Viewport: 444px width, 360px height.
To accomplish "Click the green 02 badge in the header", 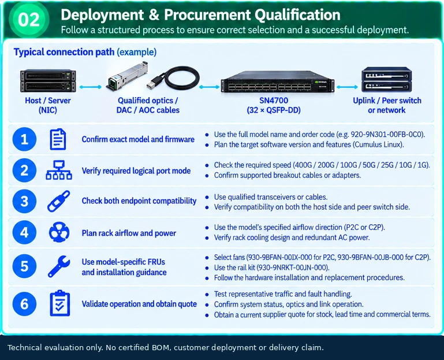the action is pos(29,20).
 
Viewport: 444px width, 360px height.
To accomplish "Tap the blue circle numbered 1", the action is pos(24,139).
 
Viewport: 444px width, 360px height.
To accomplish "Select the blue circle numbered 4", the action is pos(24,232).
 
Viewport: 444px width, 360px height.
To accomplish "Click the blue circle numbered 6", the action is pos(24,304).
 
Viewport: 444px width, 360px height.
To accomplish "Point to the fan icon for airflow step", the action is pos(59,232).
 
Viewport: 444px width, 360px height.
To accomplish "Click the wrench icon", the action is pos(59,266).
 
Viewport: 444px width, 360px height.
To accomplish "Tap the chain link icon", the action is pos(59,201).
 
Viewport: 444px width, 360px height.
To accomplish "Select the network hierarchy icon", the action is pos(59,170).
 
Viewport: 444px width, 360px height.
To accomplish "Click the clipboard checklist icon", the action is pos(59,303).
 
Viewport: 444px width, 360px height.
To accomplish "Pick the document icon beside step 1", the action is pos(58,139).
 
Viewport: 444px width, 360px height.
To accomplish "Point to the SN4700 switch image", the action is pos(278,81).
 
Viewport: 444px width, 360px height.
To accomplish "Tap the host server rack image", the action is pos(48,81).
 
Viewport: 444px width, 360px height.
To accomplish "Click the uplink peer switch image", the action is pos(386,79).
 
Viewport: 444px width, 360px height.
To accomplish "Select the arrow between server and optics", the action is pos(90,87).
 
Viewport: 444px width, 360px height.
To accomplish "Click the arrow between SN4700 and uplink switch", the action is pos(348,87).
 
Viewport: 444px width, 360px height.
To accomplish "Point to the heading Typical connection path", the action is pos(64,52).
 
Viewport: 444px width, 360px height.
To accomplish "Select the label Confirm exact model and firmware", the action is pos(138,139).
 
